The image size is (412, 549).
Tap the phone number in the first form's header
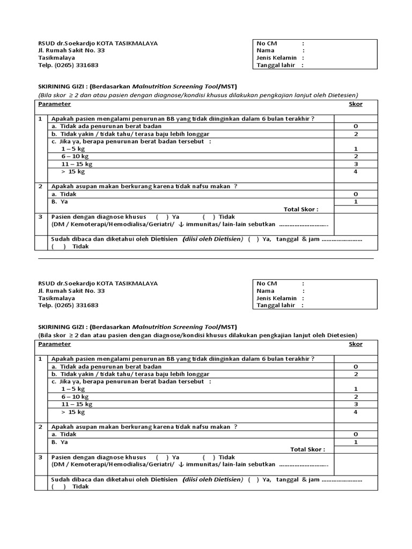pyautogui.click(x=68, y=65)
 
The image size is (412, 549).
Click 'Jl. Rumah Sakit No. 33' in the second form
pyautogui.click(x=71, y=291)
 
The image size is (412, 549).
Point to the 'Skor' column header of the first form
pyautogui.click(x=356, y=104)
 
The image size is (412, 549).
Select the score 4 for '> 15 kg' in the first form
pyautogui.click(x=356, y=172)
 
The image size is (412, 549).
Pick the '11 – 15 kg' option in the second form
pyautogui.click(x=77, y=404)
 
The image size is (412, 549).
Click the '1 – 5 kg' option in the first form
pyautogui.click(x=73, y=149)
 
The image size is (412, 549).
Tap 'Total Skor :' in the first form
pyautogui.click(x=300, y=209)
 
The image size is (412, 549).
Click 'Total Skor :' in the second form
pyautogui.click(x=307, y=449)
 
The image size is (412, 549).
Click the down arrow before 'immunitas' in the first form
pyautogui.click(x=181, y=224)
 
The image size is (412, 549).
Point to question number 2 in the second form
pyautogui.click(x=40, y=427)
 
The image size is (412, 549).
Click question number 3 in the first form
pyautogui.click(x=40, y=217)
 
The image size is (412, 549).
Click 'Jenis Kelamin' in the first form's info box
pyautogui.click(x=276, y=57)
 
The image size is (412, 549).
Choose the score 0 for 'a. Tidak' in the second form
pyautogui.click(x=356, y=434)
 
